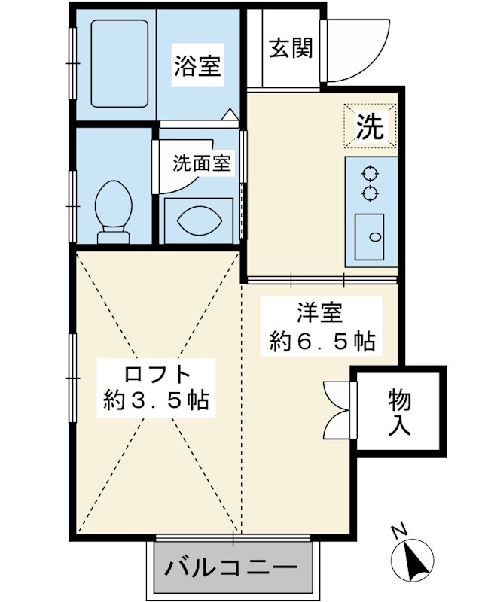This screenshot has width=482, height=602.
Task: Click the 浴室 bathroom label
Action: (197, 65)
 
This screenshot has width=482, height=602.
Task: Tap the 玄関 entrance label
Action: (291, 48)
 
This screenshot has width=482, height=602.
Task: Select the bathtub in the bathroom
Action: (120, 64)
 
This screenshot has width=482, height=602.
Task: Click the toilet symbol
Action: (113, 211)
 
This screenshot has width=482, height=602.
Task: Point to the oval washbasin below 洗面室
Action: (199, 220)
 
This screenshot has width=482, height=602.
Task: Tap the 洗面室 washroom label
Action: (201, 163)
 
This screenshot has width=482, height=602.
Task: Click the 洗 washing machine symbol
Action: (370, 126)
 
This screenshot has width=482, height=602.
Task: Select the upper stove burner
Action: (370, 174)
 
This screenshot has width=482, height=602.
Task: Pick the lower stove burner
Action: (370, 193)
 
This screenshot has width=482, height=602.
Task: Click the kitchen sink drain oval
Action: (374, 237)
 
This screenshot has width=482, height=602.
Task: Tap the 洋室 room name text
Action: (319, 313)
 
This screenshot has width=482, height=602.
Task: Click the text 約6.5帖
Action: (322, 341)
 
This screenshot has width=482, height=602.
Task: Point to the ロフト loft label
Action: (157, 373)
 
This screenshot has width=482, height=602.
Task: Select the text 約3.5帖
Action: (156, 400)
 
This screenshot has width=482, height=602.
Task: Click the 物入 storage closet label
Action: (400, 412)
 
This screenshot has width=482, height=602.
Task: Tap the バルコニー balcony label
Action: (231, 567)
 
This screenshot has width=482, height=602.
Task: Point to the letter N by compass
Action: (400, 531)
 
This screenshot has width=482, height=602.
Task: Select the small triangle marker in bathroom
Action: (231, 114)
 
